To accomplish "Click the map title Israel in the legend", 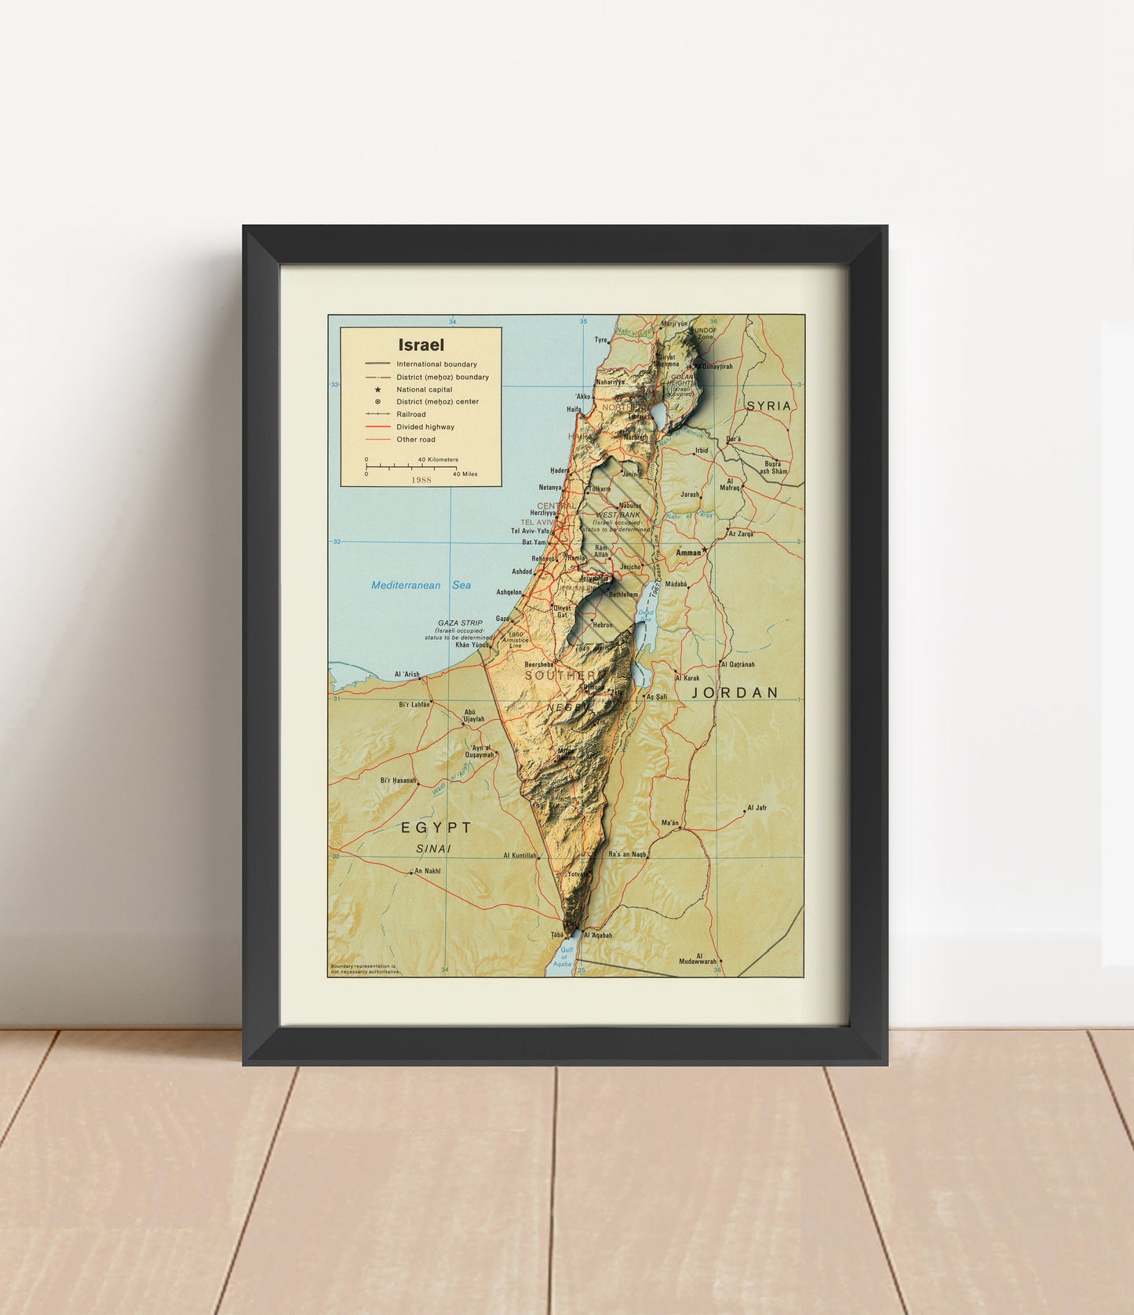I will coord(421,345).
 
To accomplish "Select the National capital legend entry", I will coord(424,389).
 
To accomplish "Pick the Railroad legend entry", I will coord(410,415).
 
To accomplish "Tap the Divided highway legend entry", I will coord(425,427).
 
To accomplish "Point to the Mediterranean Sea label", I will coord(421,585).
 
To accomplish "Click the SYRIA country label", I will coord(768,406).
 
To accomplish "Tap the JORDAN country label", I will coord(735,692).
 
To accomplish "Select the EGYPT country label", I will coord(436,827).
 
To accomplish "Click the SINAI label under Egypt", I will coord(433,849).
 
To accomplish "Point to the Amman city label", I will coord(688,553).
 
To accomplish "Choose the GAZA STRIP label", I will coord(460,623).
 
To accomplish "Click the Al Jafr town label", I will coord(757,808).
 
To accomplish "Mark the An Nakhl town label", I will coord(427,871).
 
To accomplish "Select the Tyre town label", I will coord(601,340).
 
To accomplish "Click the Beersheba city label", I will coord(538,664).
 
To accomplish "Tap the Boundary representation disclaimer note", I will coord(365,969).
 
